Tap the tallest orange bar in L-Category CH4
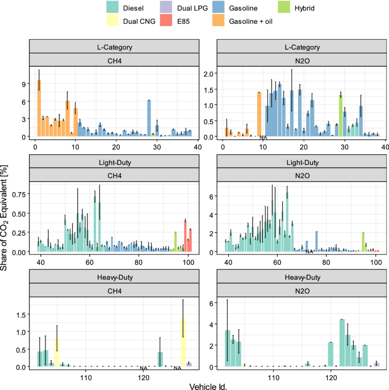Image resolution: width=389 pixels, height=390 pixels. (39, 108)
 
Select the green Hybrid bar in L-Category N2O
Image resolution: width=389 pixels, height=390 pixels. (341, 116)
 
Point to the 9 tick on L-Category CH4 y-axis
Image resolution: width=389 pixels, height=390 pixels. (23, 84)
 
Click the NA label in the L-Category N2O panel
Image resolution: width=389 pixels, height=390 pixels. (263, 138)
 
